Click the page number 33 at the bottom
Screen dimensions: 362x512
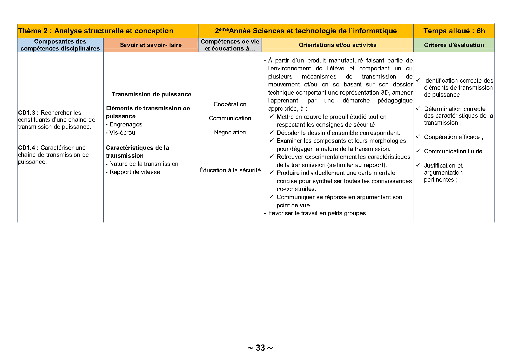[260, 348]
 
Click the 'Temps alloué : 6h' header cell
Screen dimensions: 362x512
[454, 31]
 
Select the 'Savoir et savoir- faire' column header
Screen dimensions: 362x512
[151, 45]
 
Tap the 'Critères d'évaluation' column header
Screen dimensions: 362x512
[454, 45]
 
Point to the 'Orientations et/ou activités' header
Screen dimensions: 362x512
[337, 45]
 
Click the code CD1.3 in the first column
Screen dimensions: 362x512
[27, 113]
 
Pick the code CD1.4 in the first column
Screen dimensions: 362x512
[27, 148]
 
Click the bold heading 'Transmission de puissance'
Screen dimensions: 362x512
[151, 94]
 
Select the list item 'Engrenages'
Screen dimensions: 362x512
[126, 124]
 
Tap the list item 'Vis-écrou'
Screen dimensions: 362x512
[122, 133]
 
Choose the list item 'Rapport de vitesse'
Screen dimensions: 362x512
[135, 172]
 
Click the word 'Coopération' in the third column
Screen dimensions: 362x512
[230, 104]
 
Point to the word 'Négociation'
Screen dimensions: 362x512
[230, 132]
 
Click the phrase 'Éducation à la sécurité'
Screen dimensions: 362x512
[230, 170]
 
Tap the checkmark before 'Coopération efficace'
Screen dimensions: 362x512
[418, 137]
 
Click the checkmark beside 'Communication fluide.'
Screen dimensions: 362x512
[418, 151]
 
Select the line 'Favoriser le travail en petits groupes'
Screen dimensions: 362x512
[317, 213]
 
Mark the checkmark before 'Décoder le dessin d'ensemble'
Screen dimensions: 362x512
[271, 133]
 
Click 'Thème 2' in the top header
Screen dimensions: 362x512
[33, 31]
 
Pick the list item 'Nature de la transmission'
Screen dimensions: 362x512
[144, 164]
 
